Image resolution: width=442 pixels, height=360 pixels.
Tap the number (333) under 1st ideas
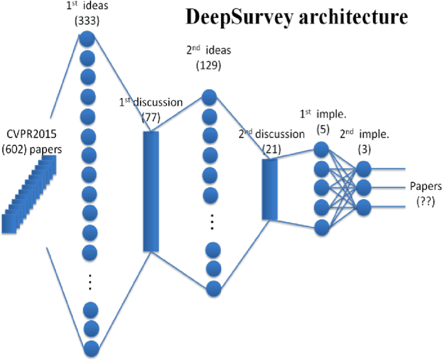88,20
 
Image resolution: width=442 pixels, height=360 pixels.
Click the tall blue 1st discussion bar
151,191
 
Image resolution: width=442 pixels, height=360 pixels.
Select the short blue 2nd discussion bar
270,180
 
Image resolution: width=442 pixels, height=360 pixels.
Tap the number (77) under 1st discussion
151,117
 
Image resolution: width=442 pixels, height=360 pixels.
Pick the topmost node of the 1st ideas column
87,39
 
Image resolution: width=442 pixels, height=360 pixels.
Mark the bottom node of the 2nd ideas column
213,285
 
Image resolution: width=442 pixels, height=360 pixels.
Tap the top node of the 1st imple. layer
320,149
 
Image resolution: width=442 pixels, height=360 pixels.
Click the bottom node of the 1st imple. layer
320,226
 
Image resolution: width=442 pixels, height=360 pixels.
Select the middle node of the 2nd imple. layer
363,187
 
